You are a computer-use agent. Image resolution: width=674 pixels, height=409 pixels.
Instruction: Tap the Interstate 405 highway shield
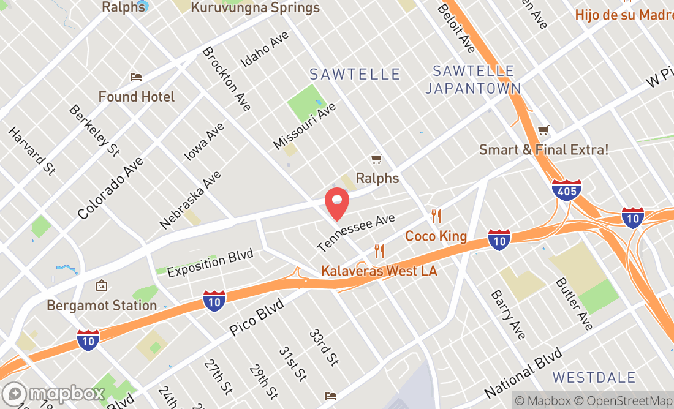pos(566,190)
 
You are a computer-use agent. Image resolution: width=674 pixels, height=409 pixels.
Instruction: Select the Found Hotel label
pos(137,97)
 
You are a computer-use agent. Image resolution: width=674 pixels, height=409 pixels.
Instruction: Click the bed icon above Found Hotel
pos(136,77)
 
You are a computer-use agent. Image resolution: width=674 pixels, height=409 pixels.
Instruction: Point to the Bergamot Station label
pos(102,305)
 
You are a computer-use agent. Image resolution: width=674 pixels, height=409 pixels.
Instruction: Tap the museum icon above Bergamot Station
pos(102,286)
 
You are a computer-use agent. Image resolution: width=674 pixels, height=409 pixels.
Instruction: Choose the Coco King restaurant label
pos(436,236)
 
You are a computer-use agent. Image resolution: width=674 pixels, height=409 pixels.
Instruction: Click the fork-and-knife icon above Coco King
pos(436,216)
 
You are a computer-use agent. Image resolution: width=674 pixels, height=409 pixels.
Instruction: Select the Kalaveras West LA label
pos(379,271)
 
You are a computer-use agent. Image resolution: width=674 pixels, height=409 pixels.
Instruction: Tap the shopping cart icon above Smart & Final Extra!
pos(543,130)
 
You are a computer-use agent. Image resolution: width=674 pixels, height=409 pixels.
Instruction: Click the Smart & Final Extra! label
pos(543,149)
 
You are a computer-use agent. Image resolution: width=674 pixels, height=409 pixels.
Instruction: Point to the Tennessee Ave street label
pos(356,233)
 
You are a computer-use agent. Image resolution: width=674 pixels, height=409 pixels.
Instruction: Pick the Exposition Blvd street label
pos(210,263)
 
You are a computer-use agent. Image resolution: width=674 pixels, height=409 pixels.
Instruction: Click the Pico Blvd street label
pos(257,317)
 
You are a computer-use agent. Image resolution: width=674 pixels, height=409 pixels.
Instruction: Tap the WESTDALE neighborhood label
pos(590,376)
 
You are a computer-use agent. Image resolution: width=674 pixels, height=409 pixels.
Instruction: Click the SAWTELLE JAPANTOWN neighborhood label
pos(472,80)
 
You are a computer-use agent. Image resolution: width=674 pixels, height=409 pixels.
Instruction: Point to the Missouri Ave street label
pos(305,126)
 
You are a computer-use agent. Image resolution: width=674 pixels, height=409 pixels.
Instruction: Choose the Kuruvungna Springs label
pos(255,8)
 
